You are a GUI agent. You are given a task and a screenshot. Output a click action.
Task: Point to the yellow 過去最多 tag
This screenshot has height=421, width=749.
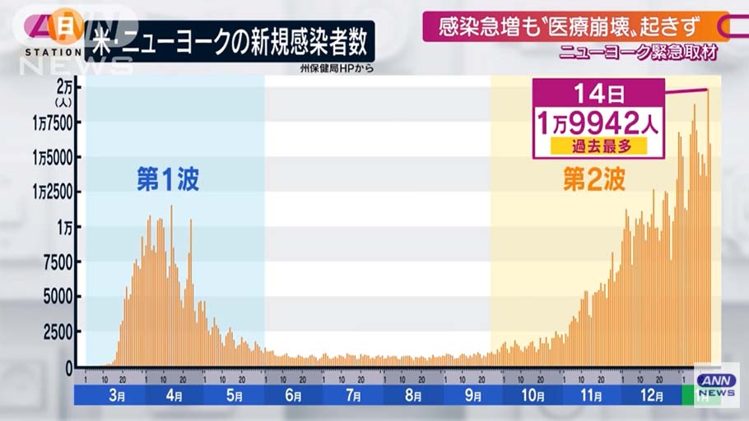click(597, 146)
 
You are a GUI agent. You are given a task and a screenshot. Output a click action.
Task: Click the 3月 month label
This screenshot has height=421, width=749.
click(116, 396)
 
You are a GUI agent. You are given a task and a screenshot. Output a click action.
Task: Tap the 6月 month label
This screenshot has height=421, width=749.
click(294, 396)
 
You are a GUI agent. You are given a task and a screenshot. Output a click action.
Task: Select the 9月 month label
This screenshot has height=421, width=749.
click(473, 396)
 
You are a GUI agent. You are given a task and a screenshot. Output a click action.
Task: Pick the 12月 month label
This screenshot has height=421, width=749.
click(652, 396)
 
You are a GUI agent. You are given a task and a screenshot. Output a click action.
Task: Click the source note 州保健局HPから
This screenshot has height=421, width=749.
click(337, 68)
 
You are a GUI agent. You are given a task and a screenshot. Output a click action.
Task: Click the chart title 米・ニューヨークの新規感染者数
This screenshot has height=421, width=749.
click(230, 40)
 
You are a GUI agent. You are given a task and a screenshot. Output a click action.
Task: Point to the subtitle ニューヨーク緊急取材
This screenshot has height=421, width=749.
click(637, 53)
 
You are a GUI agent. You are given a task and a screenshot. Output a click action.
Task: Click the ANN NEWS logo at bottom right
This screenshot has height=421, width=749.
click(715, 385)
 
